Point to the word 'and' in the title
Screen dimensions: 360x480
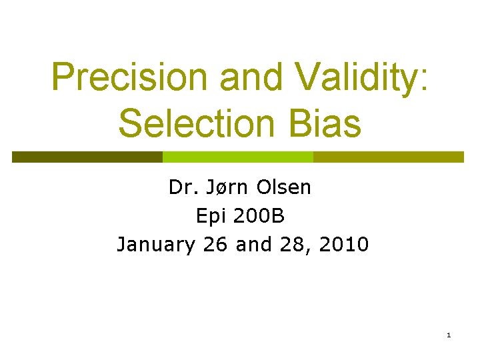257,78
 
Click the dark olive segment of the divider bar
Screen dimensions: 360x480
87,157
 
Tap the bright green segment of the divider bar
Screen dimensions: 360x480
238,157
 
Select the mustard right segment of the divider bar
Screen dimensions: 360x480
388,157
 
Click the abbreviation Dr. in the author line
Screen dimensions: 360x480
180,188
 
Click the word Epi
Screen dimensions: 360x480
207,216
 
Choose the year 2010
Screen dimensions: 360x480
343,245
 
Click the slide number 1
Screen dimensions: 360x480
449,334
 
